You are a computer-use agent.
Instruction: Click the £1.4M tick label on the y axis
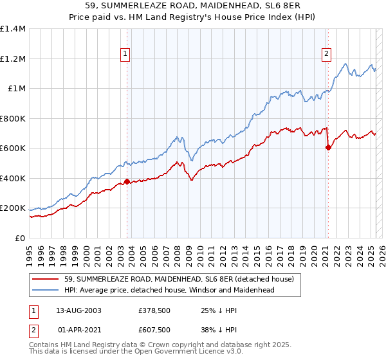(13, 29)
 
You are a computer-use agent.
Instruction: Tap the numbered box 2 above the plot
(327, 54)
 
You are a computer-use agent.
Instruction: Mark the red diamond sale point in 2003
(127, 181)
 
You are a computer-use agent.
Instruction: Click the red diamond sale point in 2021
(328, 147)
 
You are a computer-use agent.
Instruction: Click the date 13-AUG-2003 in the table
(78, 310)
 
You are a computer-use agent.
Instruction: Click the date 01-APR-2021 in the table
(78, 330)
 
